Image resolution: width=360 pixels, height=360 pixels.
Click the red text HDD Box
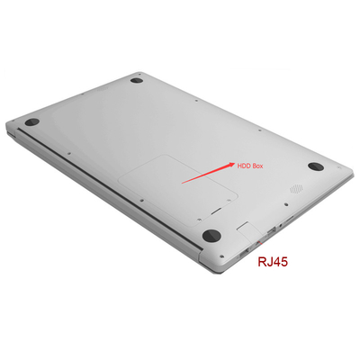[250, 166]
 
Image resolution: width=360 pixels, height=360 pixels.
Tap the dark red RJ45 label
[273, 262]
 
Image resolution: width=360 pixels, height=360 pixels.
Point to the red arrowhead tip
[235, 163]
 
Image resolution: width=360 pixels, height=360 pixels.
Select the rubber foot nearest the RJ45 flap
[211, 235]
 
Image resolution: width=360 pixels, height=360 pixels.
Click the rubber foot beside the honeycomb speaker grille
[316, 166]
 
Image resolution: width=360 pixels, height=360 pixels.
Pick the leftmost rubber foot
[32, 122]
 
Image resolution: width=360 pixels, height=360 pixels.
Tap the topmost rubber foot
[137, 80]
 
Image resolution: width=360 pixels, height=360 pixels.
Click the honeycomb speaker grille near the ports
[296, 189]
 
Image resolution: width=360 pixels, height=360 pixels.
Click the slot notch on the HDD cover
[216, 211]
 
